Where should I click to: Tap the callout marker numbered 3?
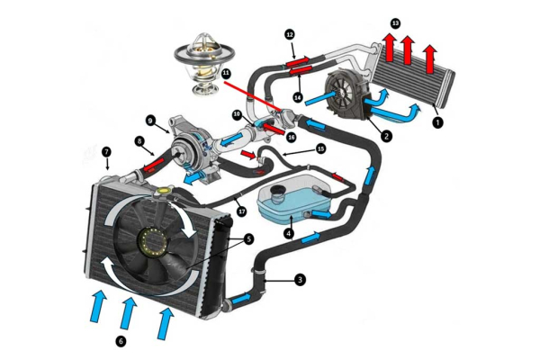click(x=300, y=280)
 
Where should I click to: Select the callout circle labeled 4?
click(x=288, y=233)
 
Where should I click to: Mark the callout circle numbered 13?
click(x=396, y=22)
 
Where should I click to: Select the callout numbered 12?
click(x=290, y=34)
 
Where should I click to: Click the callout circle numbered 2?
click(x=385, y=137)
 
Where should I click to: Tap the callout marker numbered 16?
click(x=291, y=136)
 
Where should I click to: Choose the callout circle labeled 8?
click(x=139, y=141)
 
